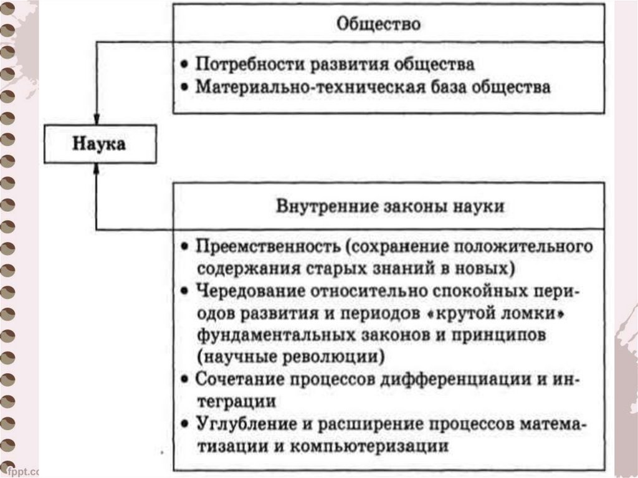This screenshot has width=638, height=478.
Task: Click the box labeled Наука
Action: pyautogui.click(x=100, y=145)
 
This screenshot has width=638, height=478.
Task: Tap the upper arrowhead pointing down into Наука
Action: pyautogui.click(x=96, y=120)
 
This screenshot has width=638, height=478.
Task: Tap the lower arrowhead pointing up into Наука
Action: pyautogui.click(x=96, y=169)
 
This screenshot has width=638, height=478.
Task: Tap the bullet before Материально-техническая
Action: pyautogui.click(x=184, y=88)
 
